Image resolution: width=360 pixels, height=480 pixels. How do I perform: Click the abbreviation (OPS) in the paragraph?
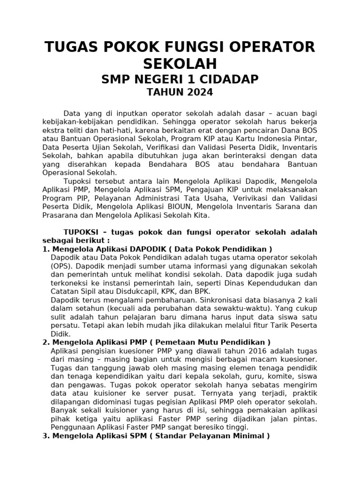click(60, 266)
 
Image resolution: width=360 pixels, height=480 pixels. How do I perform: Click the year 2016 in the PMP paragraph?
click(251, 351)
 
